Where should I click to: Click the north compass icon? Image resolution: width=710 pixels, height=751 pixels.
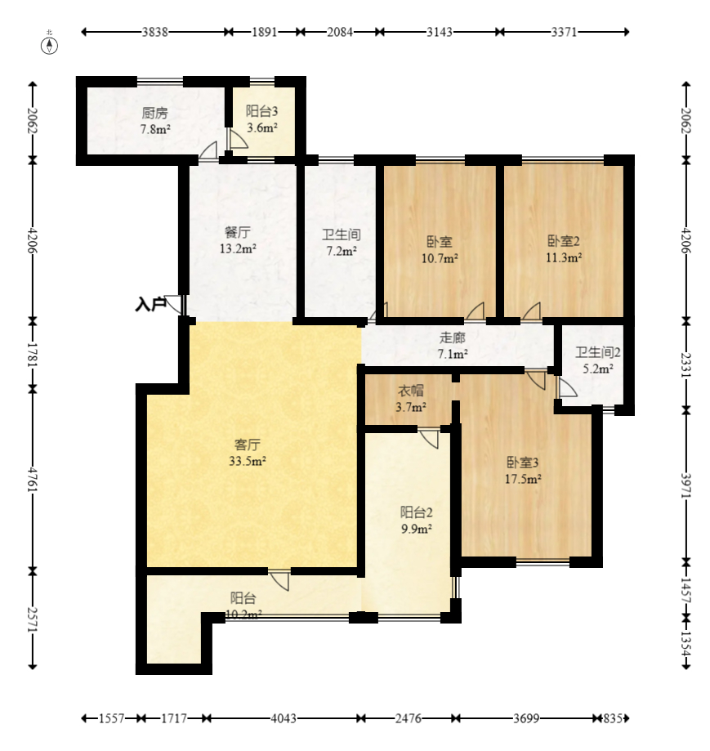pyautogui.click(x=49, y=46)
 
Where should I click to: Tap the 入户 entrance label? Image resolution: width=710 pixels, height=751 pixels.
pyautogui.click(x=150, y=304)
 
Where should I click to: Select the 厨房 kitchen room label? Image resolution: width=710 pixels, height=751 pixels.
pyautogui.click(x=155, y=113)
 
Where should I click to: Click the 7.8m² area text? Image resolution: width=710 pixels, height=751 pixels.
pyautogui.click(x=155, y=129)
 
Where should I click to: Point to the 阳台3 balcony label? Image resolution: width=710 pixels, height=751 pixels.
pyautogui.click(x=261, y=111)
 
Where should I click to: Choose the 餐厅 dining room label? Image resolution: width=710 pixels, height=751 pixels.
pyautogui.click(x=238, y=232)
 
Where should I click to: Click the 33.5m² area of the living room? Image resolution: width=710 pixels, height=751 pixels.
pyautogui.click(x=248, y=461)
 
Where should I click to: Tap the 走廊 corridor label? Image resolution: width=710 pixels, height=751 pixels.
pyautogui.click(x=453, y=338)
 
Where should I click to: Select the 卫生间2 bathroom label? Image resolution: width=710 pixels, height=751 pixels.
pyautogui.click(x=598, y=352)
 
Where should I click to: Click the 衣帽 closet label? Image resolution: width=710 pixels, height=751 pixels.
pyautogui.click(x=411, y=391)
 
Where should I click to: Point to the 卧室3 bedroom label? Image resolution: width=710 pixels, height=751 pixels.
pyautogui.click(x=523, y=463)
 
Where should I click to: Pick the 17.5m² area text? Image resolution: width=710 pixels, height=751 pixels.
pyautogui.click(x=523, y=479)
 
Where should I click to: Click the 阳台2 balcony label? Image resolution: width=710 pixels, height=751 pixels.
pyautogui.click(x=417, y=512)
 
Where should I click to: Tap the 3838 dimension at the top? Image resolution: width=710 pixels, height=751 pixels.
pyautogui.click(x=154, y=32)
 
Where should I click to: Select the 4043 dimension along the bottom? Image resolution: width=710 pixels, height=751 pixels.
pyautogui.click(x=284, y=718)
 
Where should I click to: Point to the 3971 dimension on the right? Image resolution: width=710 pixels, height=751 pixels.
pyautogui.click(x=686, y=485)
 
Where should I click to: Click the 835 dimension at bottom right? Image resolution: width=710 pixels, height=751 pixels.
pyautogui.click(x=613, y=718)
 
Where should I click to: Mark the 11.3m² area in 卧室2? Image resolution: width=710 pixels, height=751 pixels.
pyautogui.click(x=564, y=257)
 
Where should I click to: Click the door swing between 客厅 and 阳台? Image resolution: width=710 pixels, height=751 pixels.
pyautogui.click(x=280, y=580)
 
